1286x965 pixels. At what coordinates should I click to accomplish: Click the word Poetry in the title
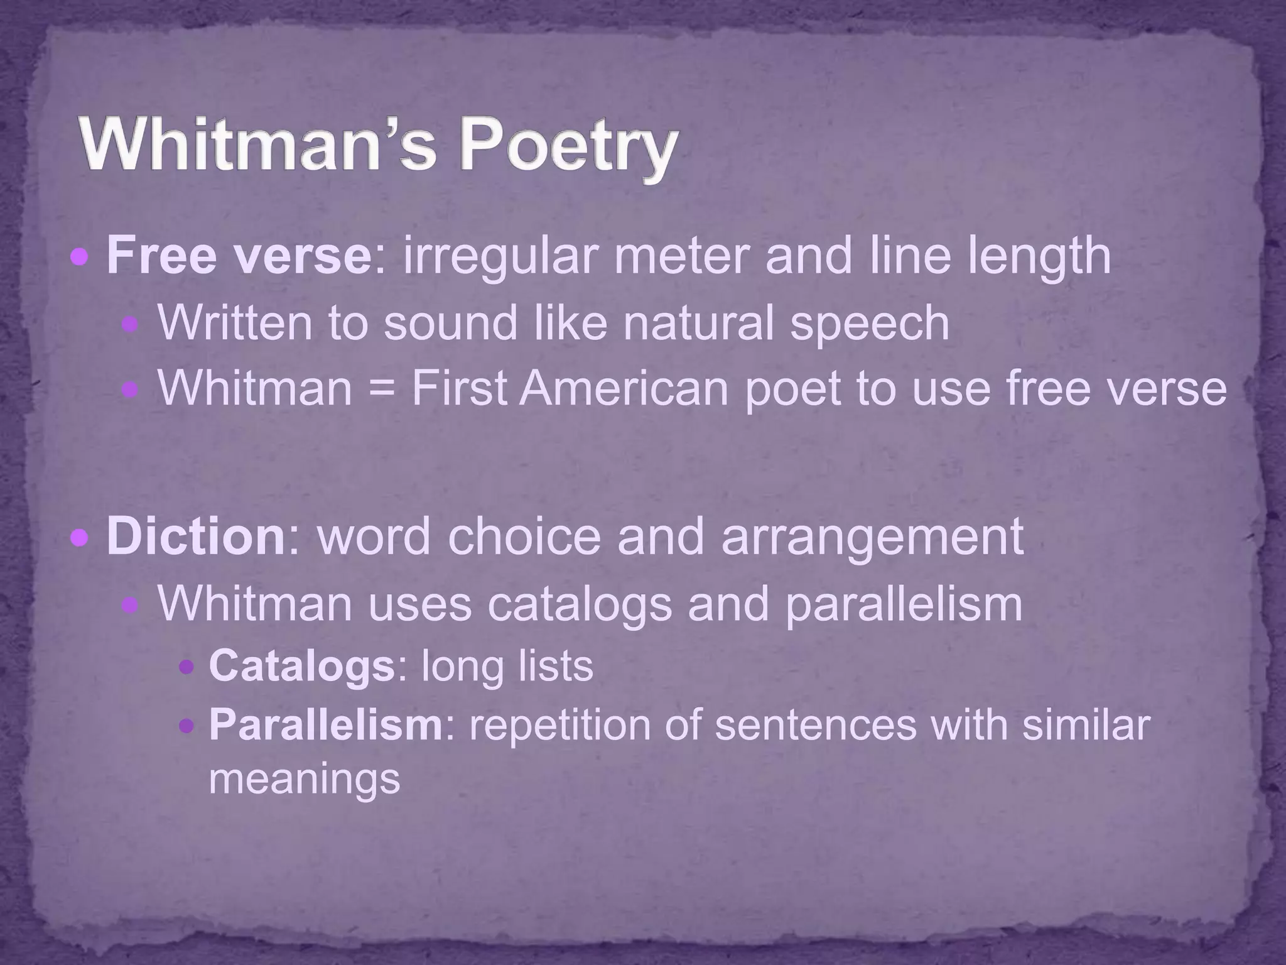[568, 148]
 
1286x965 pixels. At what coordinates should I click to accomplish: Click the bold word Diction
[196, 536]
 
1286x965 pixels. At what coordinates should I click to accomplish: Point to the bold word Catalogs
[301, 665]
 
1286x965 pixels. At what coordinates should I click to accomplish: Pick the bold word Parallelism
[326, 724]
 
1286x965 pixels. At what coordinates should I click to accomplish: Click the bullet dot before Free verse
[80, 257]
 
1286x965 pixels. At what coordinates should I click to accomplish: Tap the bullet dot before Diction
[80, 538]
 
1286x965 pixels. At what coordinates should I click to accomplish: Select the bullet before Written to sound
[130, 324]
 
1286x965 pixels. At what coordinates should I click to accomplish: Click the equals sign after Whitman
[381, 388]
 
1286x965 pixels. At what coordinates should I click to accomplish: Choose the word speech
[870, 324]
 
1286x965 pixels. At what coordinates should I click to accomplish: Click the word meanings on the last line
[305, 779]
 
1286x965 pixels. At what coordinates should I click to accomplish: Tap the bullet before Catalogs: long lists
[186, 667]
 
